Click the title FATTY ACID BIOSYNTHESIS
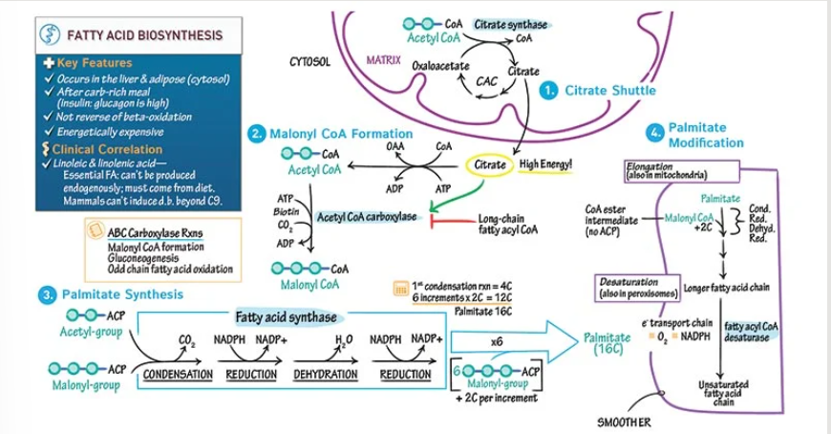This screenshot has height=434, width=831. pyautogui.click(x=143, y=36)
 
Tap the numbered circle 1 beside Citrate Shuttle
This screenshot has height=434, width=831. pyautogui.click(x=549, y=91)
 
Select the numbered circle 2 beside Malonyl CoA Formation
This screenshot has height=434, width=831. pyautogui.click(x=256, y=134)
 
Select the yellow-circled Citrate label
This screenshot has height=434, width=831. pyautogui.click(x=490, y=165)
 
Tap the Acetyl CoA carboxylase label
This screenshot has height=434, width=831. pyautogui.click(x=367, y=217)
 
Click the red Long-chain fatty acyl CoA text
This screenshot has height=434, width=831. pyautogui.click(x=506, y=224)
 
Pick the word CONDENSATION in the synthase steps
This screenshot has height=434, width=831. pyautogui.click(x=178, y=375)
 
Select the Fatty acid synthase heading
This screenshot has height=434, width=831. pyautogui.click(x=286, y=316)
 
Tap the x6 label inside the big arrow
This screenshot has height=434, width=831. pyautogui.click(x=497, y=340)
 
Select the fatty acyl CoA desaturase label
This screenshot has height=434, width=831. pyautogui.click(x=752, y=332)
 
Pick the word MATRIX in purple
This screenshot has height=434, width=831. pyautogui.click(x=383, y=60)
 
